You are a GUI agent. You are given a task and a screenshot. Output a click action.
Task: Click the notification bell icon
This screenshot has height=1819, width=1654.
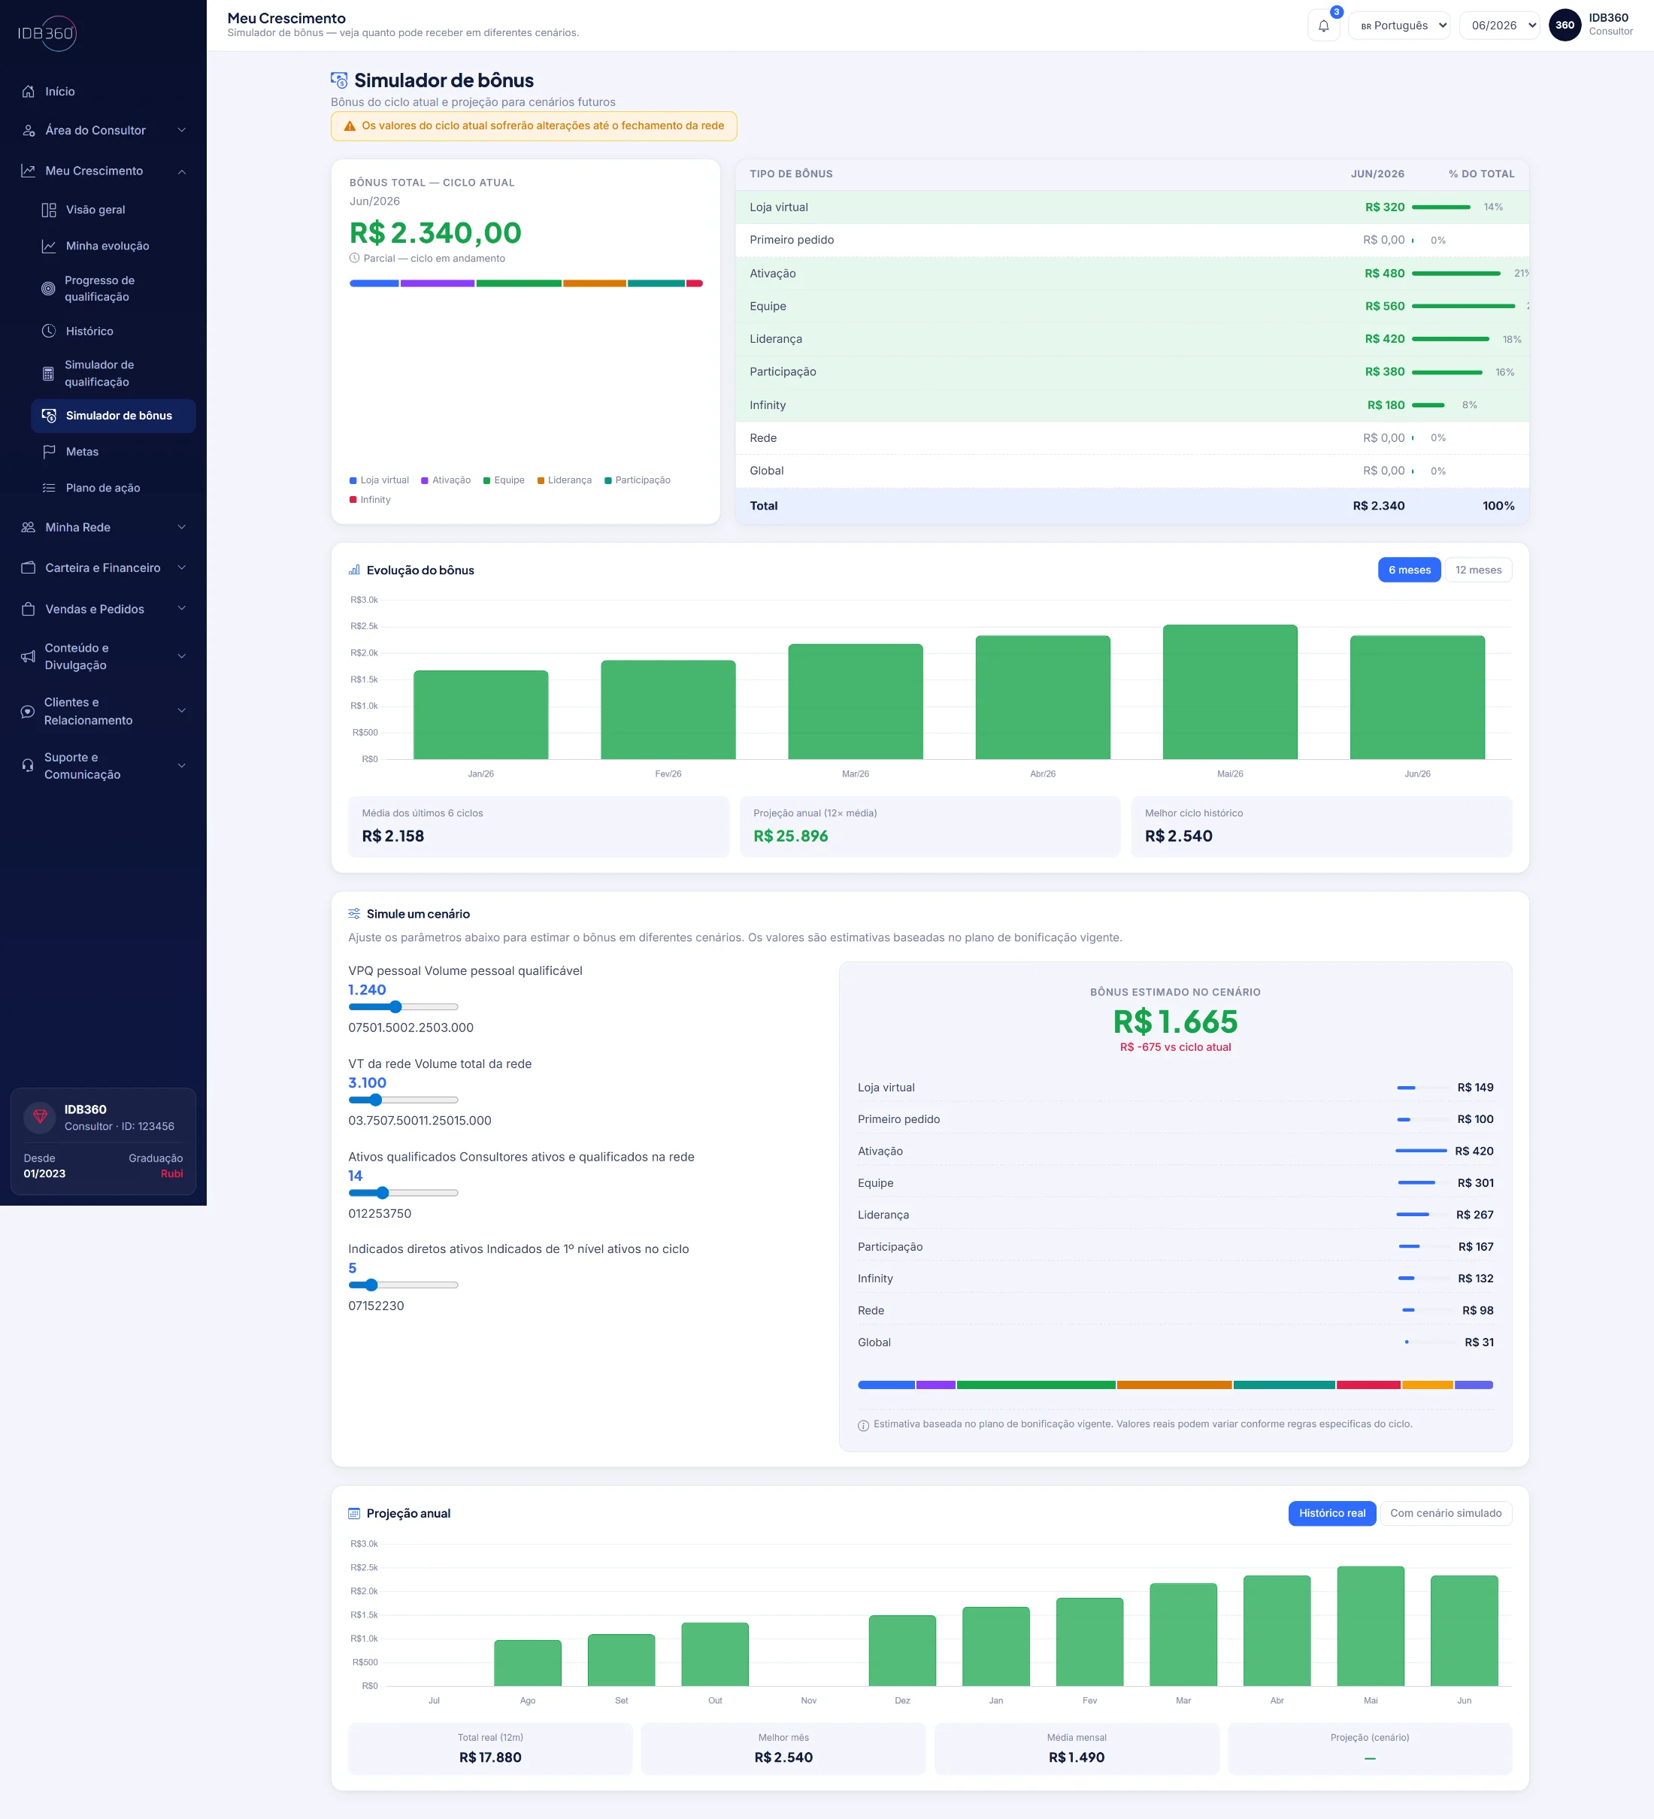pyautogui.click(x=1323, y=26)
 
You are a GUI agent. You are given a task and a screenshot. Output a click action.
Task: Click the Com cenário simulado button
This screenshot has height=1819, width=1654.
pyautogui.click(x=1446, y=1513)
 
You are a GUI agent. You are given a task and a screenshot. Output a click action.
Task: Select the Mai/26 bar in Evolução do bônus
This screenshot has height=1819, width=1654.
pyautogui.click(x=1230, y=692)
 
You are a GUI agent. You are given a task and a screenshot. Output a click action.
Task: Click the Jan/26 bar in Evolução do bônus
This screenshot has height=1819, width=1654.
pyautogui.click(x=481, y=715)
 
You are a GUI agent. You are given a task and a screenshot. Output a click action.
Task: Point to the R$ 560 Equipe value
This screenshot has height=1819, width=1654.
pyautogui.click(x=1384, y=306)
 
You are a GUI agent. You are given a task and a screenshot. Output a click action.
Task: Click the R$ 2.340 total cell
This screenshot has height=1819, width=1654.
pyautogui.click(x=1378, y=506)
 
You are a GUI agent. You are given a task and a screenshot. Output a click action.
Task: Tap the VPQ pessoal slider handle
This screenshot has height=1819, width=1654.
pyautogui.click(x=395, y=1007)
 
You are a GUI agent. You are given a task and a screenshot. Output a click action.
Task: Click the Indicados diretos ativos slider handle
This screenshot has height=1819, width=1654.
pyautogui.click(x=371, y=1285)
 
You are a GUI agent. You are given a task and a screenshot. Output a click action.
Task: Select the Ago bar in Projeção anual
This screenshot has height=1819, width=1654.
pyautogui.click(x=528, y=1663)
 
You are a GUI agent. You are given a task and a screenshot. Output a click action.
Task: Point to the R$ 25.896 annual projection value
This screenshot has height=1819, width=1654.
pyautogui.click(x=790, y=837)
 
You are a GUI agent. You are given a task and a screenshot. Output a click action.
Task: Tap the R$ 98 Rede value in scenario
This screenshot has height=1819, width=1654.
pyautogui.click(x=1477, y=1310)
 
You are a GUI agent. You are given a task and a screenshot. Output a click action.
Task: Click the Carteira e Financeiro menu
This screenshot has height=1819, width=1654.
pyautogui.click(x=103, y=567)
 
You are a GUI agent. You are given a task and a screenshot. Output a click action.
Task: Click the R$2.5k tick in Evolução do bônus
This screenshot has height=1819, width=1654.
pyautogui.click(x=365, y=626)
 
